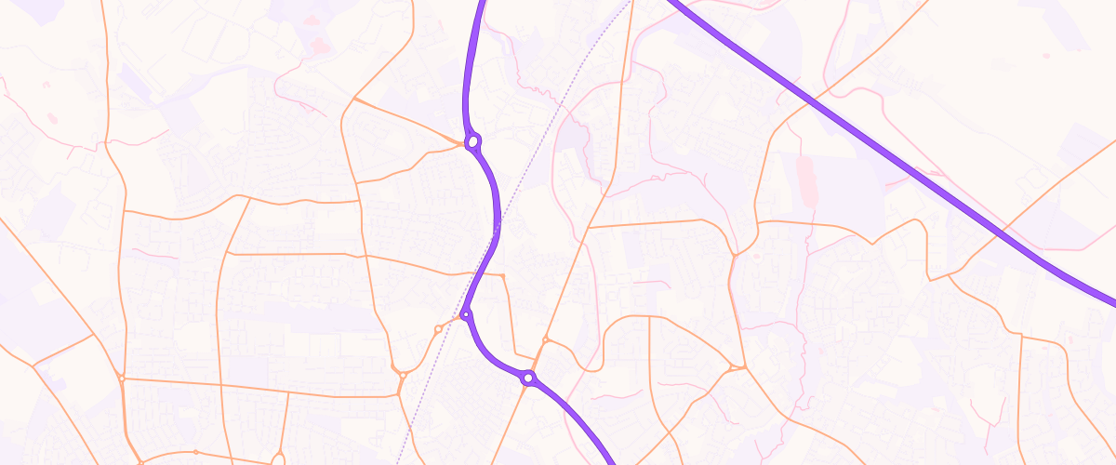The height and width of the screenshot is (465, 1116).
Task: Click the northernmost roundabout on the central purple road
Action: coord(473,142)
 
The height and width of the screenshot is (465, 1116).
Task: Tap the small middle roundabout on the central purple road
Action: coord(466,315)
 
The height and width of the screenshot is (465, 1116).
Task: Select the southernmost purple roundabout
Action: coord(528,379)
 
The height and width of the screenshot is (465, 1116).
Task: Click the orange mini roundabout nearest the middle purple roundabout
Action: coord(438,328)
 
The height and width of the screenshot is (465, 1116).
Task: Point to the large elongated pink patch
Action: coord(805,182)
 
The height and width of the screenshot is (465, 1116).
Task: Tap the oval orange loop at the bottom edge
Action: coord(278,458)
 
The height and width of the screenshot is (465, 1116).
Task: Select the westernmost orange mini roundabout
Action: coord(122,378)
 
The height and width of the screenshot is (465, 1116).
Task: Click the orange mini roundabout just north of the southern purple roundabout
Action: coord(546,341)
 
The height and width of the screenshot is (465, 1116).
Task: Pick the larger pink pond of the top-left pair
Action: coord(321,44)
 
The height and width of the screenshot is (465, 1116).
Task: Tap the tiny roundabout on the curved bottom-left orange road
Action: coord(195,452)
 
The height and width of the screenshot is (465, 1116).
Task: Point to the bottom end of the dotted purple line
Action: coord(397,462)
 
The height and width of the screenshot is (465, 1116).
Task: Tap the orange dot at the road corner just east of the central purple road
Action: coord(503,276)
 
